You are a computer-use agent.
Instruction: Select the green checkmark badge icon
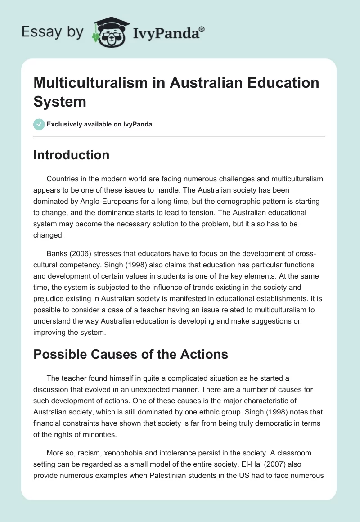[39, 124]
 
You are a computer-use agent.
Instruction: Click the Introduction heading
[72, 155]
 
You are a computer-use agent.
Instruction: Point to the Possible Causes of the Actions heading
[130, 355]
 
